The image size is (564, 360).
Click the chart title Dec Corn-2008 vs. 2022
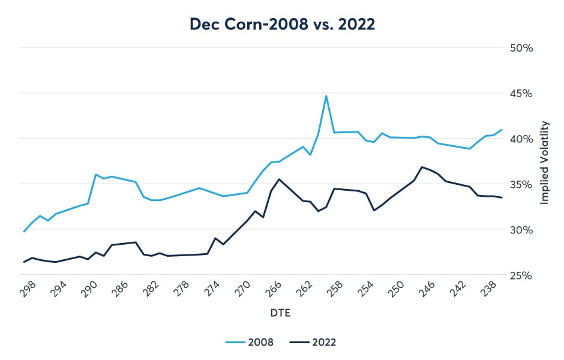click(281, 24)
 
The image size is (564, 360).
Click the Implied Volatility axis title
click(545, 162)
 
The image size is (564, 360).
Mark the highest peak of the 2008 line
click(326, 96)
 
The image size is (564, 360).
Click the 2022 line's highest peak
click(422, 167)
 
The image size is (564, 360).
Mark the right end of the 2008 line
click(502, 130)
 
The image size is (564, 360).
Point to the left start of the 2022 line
click(24, 262)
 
